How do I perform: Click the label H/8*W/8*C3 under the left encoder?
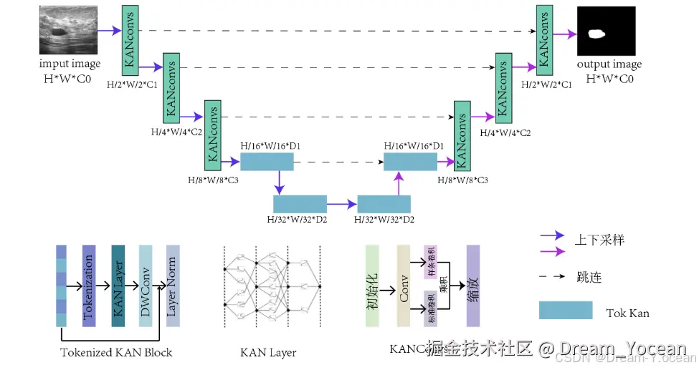pos(213,180)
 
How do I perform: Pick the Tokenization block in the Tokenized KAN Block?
pos(89,286)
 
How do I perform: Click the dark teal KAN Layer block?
pos(119,286)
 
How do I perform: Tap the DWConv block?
pos(146,286)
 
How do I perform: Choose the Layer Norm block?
pos(172,286)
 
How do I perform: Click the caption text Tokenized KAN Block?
pos(116,352)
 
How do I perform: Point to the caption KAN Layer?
pos(268,352)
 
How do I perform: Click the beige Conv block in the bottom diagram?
pos(404,286)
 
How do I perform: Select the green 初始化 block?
pos(372,286)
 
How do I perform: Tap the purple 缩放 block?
pos(472,286)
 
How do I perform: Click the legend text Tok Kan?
pos(627,313)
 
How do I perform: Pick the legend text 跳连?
pos(589,276)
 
